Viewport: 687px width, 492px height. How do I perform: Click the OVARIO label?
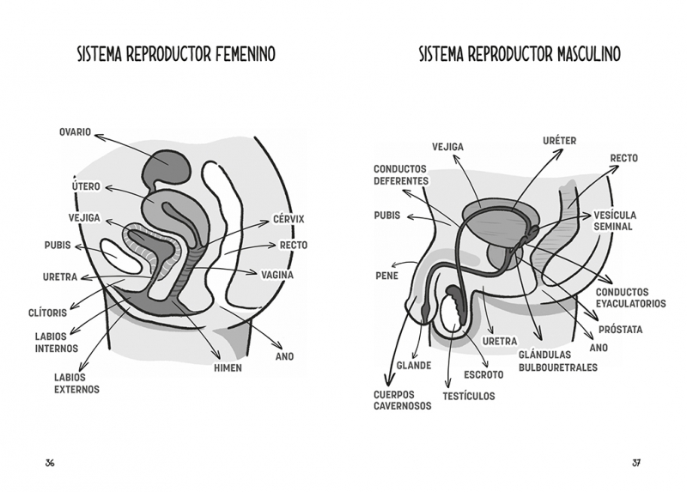point(75,132)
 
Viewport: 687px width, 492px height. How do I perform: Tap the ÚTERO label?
point(86,185)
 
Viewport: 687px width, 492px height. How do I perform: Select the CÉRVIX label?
point(289,219)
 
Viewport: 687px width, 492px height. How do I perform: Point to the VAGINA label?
point(277,275)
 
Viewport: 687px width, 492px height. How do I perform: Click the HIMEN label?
point(228,368)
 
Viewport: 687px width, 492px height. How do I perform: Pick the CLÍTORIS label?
point(48,313)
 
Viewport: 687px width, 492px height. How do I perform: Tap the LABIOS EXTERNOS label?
point(76,383)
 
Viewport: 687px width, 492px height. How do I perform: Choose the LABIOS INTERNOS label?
point(57,343)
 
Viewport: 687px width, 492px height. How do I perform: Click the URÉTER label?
point(560,141)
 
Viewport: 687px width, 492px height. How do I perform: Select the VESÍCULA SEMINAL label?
point(615,221)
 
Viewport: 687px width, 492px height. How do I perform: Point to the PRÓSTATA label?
point(620,330)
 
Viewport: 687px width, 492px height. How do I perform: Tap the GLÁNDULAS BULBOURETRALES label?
point(558,361)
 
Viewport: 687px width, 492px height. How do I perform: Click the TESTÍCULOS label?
point(468,396)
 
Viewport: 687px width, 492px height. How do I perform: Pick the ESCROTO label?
point(483,374)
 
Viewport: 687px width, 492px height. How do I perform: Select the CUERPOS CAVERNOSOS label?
point(402,400)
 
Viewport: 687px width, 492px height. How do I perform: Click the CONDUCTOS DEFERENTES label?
point(401,175)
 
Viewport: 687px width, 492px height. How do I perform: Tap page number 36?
point(50,463)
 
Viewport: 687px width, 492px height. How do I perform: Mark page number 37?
point(636,463)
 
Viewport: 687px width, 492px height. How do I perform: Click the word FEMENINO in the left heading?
point(246,54)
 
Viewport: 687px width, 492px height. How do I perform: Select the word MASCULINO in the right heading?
point(589,54)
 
